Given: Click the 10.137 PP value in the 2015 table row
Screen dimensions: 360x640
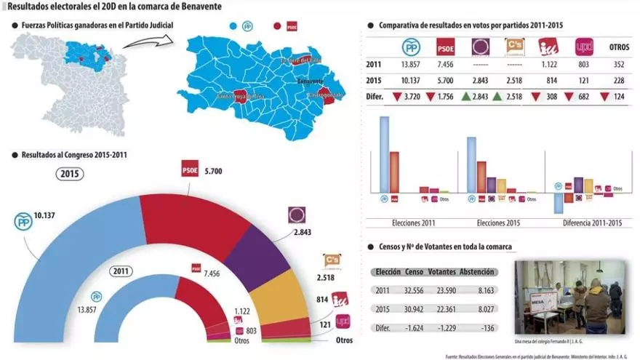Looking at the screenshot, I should [x=411, y=80].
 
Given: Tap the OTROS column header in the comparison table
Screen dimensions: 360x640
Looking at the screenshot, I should [x=619, y=47].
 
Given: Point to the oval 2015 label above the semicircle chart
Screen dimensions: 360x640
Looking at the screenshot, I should [x=70, y=175].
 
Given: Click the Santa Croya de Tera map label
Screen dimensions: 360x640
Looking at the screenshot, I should [x=239, y=95].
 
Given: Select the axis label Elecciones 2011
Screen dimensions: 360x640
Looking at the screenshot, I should [x=413, y=223].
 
